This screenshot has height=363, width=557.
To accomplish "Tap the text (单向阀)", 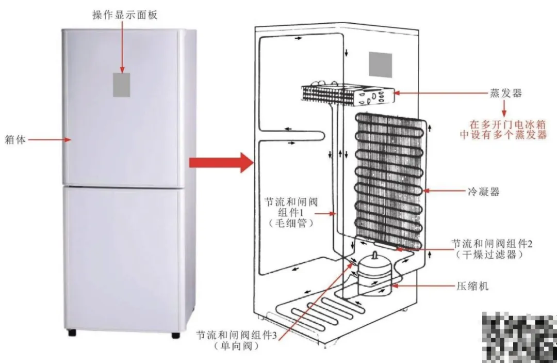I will [235, 346].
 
